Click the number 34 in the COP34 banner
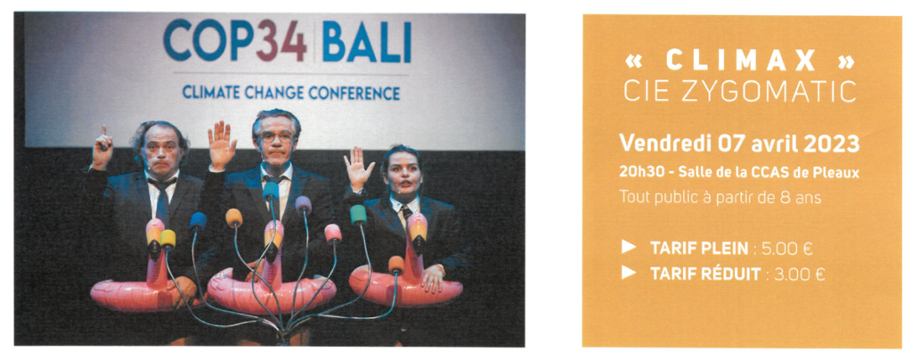(x=282, y=41)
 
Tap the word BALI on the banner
(x=366, y=41)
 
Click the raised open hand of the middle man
(x=222, y=145)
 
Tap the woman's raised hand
(x=358, y=168)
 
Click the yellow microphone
(x=167, y=238)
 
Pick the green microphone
(x=358, y=215)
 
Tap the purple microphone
(x=303, y=204)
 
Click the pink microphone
(x=333, y=233)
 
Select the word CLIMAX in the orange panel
(x=741, y=61)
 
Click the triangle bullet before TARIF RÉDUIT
(x=628, y=272)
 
